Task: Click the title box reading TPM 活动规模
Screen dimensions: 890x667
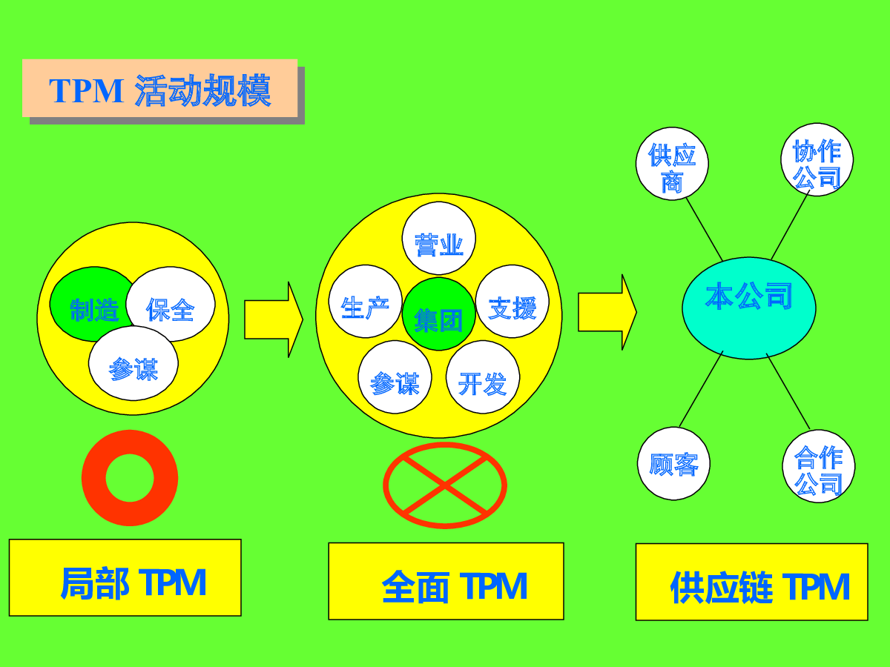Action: point(159,88)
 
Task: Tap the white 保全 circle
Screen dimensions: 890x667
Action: point(171,304)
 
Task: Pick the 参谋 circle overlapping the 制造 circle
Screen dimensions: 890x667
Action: point(133,363)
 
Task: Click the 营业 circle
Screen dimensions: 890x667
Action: point(439,238)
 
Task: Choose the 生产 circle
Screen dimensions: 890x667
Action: point(366,302)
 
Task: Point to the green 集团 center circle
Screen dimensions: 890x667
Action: point(439,313)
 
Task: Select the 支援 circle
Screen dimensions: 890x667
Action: point(512,302)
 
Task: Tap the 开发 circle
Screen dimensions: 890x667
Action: point(483,377)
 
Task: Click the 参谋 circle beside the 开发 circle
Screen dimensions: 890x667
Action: point(395,377)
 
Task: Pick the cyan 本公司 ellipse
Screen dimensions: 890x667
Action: point(749,308)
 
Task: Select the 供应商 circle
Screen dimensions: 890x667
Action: point(672,164)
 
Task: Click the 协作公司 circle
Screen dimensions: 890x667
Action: point(817,159)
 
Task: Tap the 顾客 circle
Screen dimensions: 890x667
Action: point(674,463)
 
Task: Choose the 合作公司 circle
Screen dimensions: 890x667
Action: point(819,466)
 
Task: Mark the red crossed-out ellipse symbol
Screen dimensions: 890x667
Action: point(445,485)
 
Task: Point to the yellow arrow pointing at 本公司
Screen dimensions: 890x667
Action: point(607,312)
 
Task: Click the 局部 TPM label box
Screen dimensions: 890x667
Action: point(125,577)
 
